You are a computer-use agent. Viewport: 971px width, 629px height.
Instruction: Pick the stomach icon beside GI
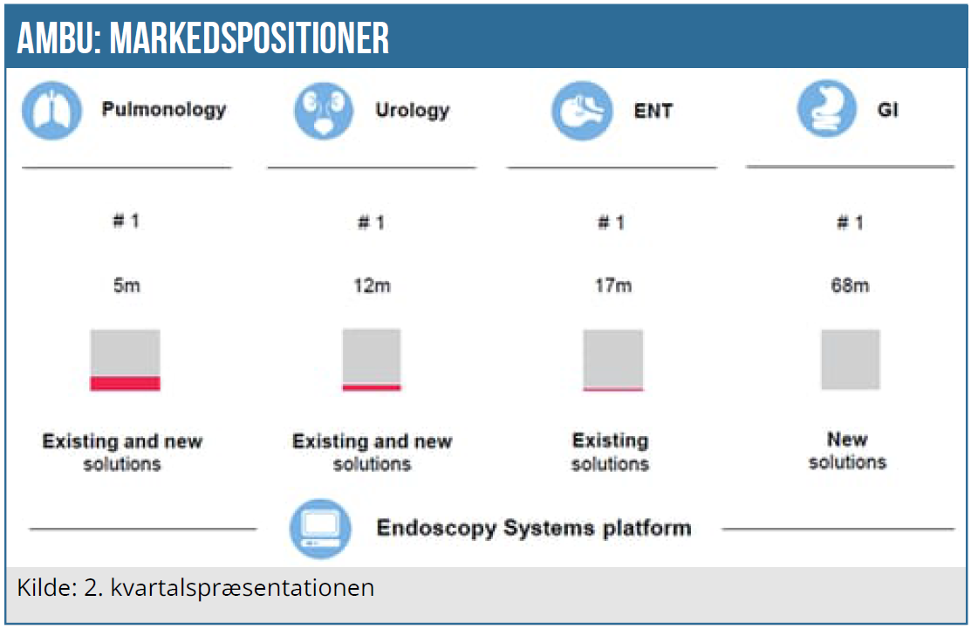tap(827, 109)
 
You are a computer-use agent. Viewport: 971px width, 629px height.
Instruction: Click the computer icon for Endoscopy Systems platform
tap(320, 529)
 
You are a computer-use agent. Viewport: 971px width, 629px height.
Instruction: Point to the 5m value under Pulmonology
tap(127, 285)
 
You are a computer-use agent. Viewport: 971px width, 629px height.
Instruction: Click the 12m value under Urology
tap(372, 285)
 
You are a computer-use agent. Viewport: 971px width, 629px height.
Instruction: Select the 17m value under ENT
tap(613, 285)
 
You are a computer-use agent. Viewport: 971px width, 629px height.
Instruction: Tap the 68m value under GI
tap(850, 285)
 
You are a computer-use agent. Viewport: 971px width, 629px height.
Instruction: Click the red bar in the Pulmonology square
tap(125, 383)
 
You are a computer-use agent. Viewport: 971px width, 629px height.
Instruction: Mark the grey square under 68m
tap(851, 359)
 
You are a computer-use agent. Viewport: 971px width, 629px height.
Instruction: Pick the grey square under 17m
tap(613, 359)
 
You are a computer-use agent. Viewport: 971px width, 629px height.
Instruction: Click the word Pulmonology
tap(164, 110)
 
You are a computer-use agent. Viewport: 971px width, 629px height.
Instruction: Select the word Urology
tap(413, 111)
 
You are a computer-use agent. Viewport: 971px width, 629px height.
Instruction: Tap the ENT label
tap(653, 111)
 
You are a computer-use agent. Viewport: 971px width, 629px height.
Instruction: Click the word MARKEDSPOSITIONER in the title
tap(250, 38)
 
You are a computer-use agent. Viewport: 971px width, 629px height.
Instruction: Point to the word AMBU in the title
tap(58, 38)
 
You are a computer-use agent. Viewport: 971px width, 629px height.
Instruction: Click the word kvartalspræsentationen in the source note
tap(243, 588)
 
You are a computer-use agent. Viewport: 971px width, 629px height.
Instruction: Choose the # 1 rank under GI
tap(850, 222)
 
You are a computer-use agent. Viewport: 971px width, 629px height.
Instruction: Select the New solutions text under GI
tap(847, 451)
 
